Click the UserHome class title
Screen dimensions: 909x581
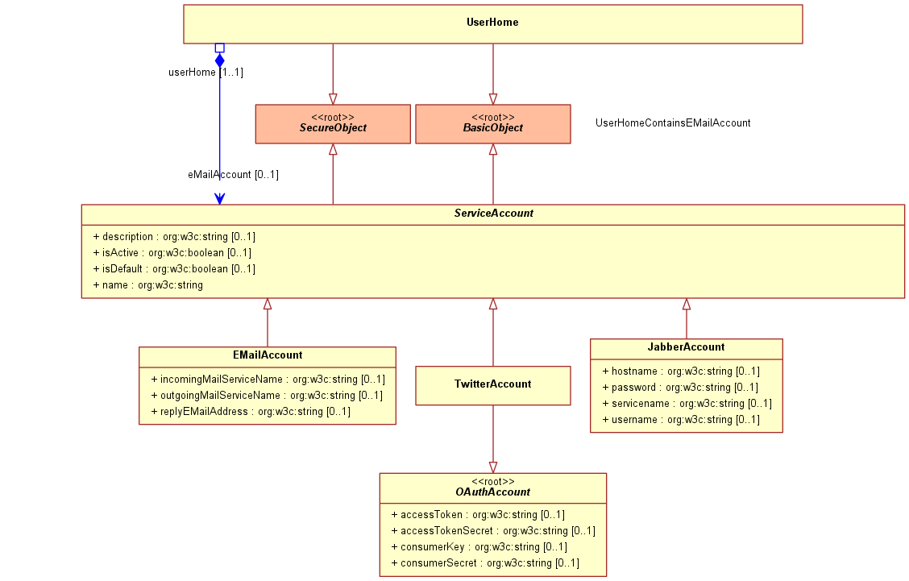tap(492, 22)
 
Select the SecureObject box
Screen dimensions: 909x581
tap(333, 124)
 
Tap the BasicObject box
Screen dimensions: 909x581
tap(492, 124)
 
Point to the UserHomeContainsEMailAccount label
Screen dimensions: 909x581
tap(673, 123)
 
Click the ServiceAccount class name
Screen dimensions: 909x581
tap(493, 214)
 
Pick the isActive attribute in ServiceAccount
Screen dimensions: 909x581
tap(172, 253)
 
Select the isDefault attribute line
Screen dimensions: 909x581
tap(174, 269)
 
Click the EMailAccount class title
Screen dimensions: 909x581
tap(268, 355)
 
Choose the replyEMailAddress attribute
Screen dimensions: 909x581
tap(251, 412)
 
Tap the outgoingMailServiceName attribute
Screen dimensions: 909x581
tap(267, 396)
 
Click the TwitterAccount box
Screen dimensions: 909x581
tap(492, 386)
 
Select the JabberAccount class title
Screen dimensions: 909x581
tap(686, 347)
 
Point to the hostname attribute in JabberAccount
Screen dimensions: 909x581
tap(681, 371)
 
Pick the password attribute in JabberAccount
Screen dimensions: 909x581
tap(680, 388)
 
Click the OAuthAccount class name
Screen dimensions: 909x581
tap(492, 492)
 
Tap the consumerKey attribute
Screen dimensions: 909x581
tap(479, 547)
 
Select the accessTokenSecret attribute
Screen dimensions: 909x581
tap(492, 530)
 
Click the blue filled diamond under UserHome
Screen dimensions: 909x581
tap(220, 60)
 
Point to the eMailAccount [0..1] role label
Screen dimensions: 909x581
tap(233, 175)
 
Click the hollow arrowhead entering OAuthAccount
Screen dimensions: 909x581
tap(492, 467)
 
